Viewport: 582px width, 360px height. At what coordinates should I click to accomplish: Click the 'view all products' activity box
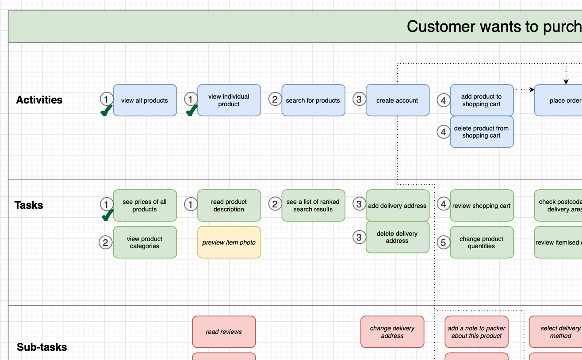pos(145,100)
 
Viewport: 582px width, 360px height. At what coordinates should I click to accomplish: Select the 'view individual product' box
pos(229,100)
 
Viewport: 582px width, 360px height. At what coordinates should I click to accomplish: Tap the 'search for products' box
pos(313,100)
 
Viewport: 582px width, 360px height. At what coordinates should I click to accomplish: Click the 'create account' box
pos(397,100)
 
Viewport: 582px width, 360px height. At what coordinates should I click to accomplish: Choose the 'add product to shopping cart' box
pos(481,100)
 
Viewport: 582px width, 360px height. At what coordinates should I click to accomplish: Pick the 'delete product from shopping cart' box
pos(481,132)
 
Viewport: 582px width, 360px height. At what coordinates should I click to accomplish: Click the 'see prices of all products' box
pos(145,205)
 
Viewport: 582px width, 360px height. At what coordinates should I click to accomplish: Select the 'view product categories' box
pos(145,242)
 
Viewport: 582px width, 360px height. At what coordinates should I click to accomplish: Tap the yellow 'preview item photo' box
pos(229,242)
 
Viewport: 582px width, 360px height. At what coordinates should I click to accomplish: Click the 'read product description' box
pos(229,205)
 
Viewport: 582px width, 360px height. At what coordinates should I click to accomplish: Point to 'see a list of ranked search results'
pos(313,205)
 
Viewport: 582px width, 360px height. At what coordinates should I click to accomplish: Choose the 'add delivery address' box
pos(397,205)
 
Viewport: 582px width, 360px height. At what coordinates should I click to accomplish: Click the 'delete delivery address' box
pos(397,237)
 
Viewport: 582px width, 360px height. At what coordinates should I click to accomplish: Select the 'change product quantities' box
pos(481,242)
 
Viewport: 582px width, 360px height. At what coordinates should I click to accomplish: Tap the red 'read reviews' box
pos(224,332)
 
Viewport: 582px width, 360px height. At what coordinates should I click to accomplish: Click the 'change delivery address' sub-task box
pos(392,332)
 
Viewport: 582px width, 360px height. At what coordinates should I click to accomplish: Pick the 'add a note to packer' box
pos(476,332)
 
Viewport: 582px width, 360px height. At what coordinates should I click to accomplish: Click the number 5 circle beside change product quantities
pos(443,242)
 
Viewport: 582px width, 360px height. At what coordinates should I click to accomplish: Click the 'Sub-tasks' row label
pos(42,347)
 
